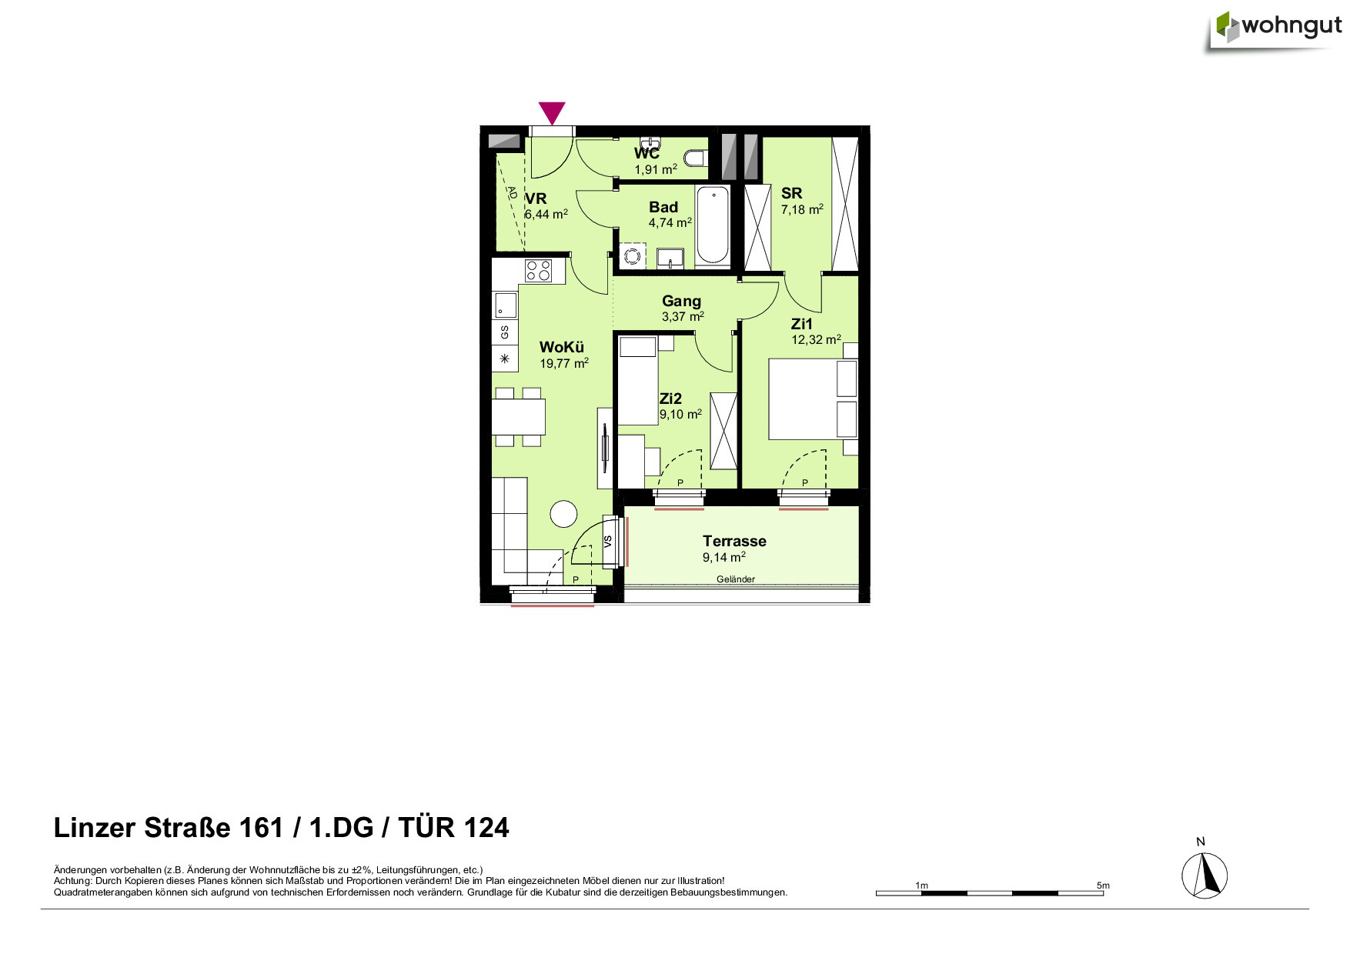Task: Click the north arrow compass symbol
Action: [x=1205, y=876]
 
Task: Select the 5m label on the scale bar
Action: [x=1103, y=886]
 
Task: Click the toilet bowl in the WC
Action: [x=696, y=158]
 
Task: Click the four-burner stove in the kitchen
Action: [x=538, y=271]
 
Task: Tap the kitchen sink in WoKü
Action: [x=505, y=305]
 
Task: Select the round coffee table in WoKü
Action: [x=563, y=514]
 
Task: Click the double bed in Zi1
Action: [x=813, y=399]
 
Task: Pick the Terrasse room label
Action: [x=734, y=541]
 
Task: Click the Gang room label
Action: [x=681, y=301]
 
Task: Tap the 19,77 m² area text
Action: [x=564, y=363]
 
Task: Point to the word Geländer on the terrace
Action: [x=736, y=579]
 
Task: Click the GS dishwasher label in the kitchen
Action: [x=505, y=332]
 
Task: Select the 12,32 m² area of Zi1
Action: [x=816, y=339]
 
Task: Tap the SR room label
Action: [x=791, y=193]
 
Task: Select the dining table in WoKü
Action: [x=518, y=417]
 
